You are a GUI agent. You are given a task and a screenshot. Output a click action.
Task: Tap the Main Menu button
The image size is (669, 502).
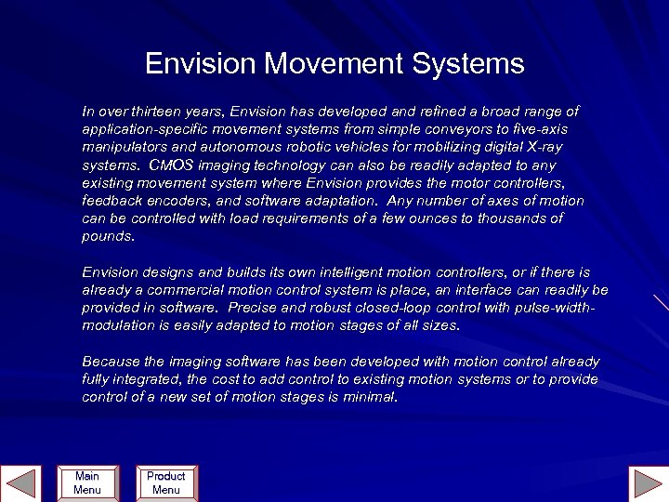pyautogui.click(x=87, y=482)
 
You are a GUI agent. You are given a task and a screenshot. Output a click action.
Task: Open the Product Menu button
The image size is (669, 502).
pyautogui.click(x=165, y=482)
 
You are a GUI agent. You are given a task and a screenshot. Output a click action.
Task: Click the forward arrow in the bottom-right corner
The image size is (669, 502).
pyautogui.click(x=647, y=483)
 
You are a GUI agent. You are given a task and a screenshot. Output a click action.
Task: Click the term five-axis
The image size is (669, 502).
pyautogui.click(x=539, y=129)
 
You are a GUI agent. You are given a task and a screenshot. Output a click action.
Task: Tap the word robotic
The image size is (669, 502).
pyautogui.click(x=288, y=147)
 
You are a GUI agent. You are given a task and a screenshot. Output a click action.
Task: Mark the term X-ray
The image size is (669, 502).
pyautogui.click(x=542, y=147)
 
